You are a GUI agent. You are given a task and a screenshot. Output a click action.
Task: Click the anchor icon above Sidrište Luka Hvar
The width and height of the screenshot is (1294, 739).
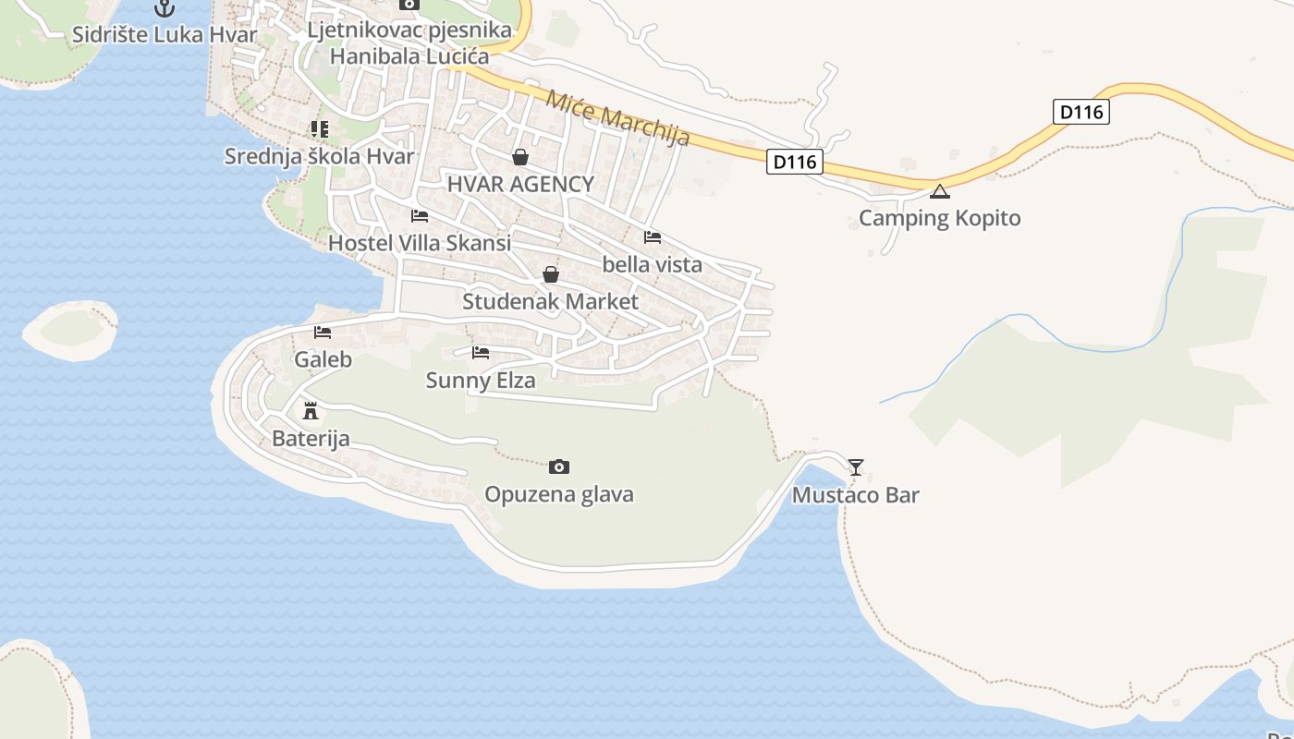[x=165, y=8]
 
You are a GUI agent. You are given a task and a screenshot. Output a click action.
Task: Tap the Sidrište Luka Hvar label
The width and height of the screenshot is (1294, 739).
[x=165, y=35]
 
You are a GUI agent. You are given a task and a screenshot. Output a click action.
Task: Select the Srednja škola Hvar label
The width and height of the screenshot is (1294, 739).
[x=320, y=156]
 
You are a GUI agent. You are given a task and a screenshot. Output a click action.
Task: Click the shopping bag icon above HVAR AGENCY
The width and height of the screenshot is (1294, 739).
[x=520, y=157]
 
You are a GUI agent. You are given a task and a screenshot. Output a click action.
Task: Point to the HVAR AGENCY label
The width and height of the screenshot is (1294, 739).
[x=520, y=184]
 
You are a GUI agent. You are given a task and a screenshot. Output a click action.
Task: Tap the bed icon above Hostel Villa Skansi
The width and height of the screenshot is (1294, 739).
[x=420, y=216]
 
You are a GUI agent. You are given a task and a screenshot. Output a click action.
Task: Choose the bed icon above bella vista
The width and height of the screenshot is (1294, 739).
[x=653, y=237]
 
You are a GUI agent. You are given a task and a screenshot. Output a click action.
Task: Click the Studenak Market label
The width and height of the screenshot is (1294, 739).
[x=550, y=302]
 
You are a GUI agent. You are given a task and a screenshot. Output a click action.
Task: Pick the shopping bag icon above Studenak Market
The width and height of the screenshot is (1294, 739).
[x=551, y=274]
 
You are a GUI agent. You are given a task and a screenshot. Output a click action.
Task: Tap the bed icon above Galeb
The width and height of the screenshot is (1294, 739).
[x=323, y=333]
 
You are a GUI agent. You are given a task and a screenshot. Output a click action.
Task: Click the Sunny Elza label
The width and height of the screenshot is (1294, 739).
[x=481, y=380]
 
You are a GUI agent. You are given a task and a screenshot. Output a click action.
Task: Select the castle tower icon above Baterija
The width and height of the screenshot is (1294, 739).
[x=311, y=410]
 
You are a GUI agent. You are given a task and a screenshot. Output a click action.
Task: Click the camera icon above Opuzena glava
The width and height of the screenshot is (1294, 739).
[x=559, y=467]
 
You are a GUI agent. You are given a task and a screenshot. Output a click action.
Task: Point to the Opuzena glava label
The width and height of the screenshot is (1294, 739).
[x=559, y=494]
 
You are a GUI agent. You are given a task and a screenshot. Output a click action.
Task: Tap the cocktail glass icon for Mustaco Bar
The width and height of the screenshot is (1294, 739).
[x=856, y=467]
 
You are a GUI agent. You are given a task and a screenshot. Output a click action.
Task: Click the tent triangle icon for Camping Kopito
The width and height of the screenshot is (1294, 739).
[x=940, y=192]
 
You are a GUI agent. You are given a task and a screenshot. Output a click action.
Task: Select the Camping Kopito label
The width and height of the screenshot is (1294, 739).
[x=940, y=218]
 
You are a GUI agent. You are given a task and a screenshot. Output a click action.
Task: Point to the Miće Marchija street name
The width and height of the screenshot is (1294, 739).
[x=618, y=118]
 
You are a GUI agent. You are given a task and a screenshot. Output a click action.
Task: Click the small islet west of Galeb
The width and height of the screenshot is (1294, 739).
[x=69, y=329]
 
